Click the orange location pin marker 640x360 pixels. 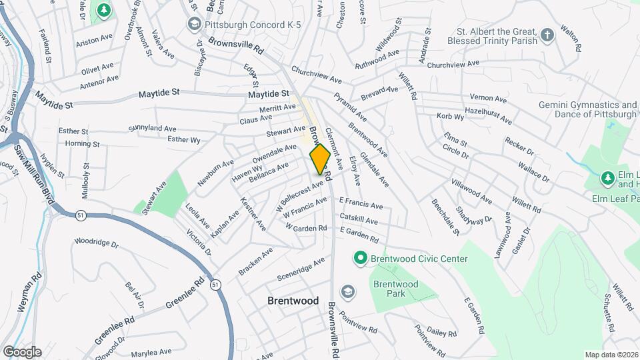pos(320,159)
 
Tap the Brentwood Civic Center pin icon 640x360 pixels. pos(361,257)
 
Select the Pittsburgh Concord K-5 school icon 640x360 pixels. pos(195,25)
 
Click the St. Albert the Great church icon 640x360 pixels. pos(547,35)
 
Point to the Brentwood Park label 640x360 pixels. pos(395,289)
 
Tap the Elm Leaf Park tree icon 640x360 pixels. pos(607,178)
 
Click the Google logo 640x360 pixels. pos(22,352)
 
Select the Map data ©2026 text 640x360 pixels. pos(611,355)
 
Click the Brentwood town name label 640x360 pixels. pos(293,301)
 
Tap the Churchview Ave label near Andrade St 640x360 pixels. pos(453,64)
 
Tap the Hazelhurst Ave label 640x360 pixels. pos(488,116)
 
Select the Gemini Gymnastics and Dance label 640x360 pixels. pos(587,109)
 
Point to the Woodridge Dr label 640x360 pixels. pos(96,242)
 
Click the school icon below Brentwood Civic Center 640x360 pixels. pos(347,291)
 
